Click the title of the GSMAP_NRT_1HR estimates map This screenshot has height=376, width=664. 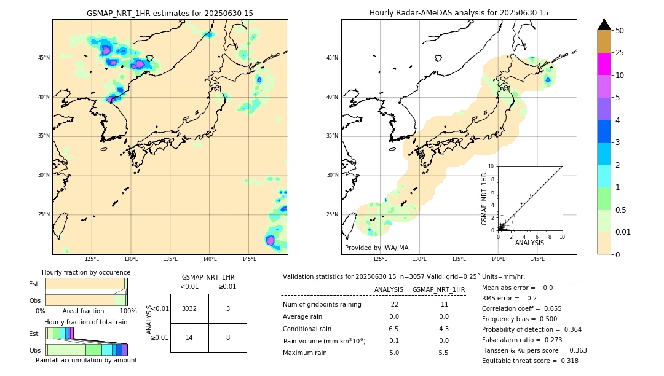[x=170, y=13]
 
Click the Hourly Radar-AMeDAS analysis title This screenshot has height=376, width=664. [x=459, y=13]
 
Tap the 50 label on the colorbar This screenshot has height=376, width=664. [x=620, y=31]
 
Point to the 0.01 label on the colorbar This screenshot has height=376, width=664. [x=623, y=232]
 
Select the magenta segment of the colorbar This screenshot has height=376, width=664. [x=604, y=64]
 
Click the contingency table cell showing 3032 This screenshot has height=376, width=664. [x=189, y=308]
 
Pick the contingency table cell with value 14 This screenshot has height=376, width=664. [x=189, y=337]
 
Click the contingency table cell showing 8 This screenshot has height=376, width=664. [x=227, y=337]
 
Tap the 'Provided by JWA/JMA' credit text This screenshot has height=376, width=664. [x=376, y=248]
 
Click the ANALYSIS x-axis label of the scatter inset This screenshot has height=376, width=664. [x=529, y=243]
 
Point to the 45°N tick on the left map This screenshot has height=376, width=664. [x=44, y=58]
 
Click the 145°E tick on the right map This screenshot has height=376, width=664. [x=537, y=259]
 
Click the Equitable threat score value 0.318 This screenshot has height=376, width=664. [x=566, y=361]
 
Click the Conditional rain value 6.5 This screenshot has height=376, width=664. [x=393, y=329]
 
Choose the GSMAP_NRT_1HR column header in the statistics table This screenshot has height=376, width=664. [x=438, y=289]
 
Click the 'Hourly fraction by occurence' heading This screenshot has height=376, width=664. [x=86, y=272]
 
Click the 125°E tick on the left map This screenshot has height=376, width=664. [x=92, y=259]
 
